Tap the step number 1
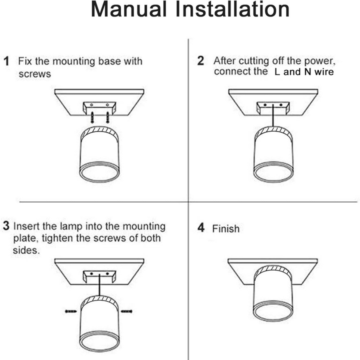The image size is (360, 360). (x=7, y=61)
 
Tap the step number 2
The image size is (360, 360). (x=200, y=61)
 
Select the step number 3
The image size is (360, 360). (x=6, y=226)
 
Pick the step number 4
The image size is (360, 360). (x=200, y=228)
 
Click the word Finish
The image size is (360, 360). (x=226, y=229)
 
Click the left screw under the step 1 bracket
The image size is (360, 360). (x=92, y=117)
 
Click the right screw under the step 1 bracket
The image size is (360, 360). (x=107, y=117)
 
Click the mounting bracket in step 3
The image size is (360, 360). (x=98, y=276)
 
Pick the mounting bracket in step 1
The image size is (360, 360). (x=99, y=107)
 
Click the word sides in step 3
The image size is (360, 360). (x=25, y=250)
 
